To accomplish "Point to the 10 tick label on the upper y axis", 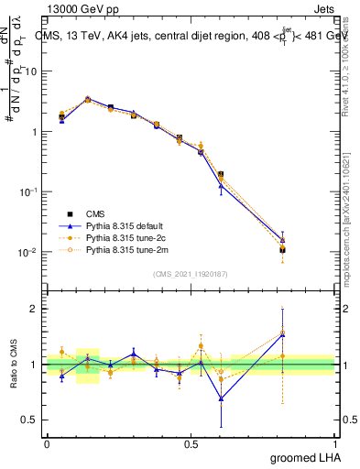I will (30, 71).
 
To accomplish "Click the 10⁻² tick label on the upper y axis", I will (27, 252).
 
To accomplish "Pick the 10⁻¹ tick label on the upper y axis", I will (27, 191).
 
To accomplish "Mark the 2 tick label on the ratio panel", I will (34, 309).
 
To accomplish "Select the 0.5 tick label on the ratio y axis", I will (29, 420).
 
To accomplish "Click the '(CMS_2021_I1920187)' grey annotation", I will (190, 274).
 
